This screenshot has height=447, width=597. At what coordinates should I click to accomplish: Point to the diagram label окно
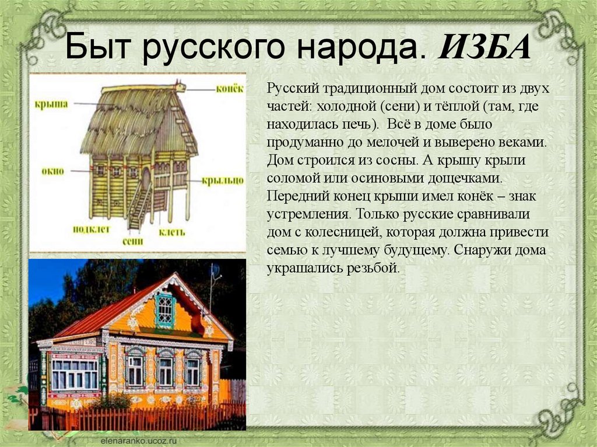(53, 171)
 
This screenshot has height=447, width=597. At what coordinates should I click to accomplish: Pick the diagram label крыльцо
(223, 181)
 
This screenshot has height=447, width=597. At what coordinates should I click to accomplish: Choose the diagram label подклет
(92, 230)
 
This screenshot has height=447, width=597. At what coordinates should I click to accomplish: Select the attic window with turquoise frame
(165, 310)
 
